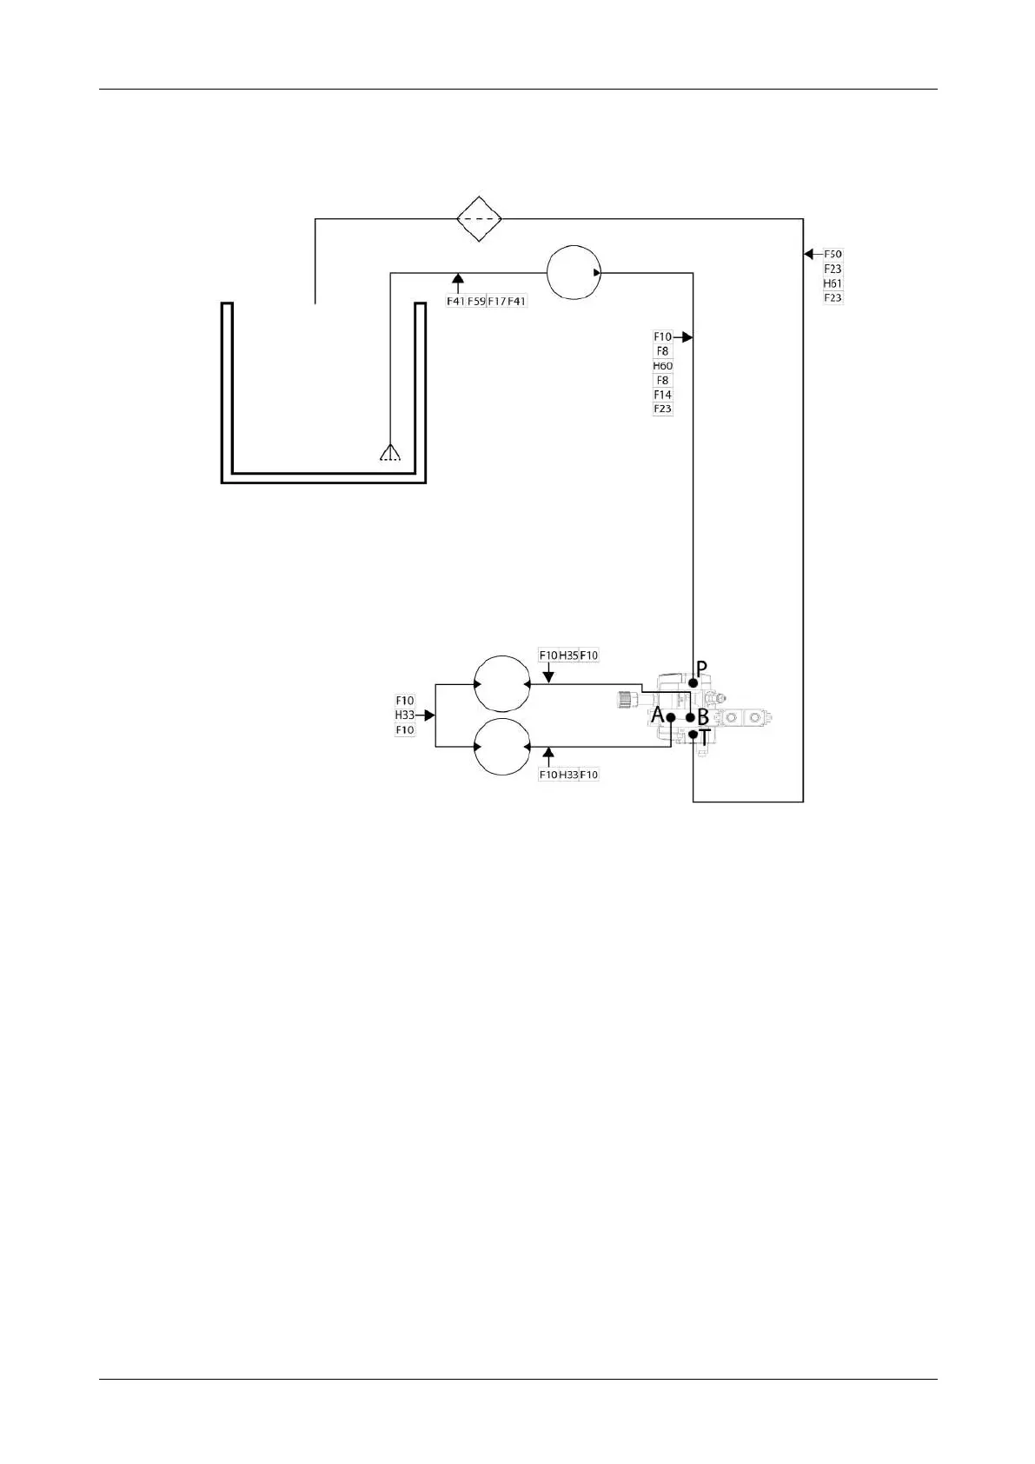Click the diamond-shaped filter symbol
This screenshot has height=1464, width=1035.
[x=480, y=218]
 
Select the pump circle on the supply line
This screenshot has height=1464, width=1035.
[x=574, y=272]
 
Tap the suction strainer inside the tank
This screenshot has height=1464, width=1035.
[x=390, y=452]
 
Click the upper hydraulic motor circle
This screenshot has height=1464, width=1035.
[x=501, y=683]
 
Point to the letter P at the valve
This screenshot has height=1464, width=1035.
[x=702, y=669]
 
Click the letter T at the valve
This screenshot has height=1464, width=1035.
[x=705, y=737]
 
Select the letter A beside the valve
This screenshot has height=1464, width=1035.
[x=658, y=715]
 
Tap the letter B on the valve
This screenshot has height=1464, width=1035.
[x=703, y=719]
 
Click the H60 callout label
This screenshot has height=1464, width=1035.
[x=663, y=366]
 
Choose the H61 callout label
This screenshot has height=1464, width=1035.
[x=833, y=283]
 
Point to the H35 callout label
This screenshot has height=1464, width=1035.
[x=568, y=655]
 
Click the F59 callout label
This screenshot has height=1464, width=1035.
[x=476, y=302]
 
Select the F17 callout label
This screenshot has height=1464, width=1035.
[x=496, y=302]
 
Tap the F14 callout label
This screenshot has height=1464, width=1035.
[x=663, y=395]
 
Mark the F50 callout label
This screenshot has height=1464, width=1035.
[x=833, y=255]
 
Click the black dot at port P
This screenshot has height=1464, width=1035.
[x=693, y=683]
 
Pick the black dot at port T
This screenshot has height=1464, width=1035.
[x=693, y=735]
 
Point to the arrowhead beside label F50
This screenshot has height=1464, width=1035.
[x=808, y=254]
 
